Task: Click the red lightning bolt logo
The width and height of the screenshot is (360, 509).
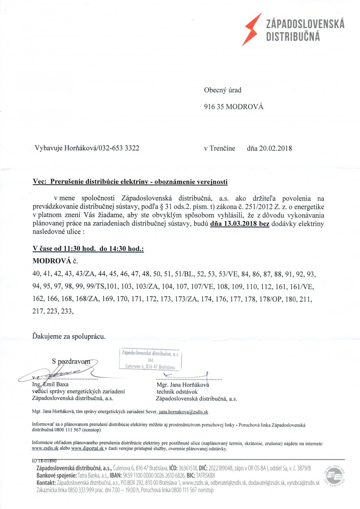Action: (252, 29)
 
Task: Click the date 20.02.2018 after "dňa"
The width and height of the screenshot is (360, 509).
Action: (276, 148)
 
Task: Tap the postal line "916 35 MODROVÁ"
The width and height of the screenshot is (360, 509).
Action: (234, 107)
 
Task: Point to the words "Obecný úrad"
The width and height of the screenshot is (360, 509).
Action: (223, 90)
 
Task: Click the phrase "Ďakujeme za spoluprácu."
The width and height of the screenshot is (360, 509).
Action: (69, 336)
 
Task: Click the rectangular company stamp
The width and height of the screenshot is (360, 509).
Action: (150, 360)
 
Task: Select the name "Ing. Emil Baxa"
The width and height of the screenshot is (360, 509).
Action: (50, 384)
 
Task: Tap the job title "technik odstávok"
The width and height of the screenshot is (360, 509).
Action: (177, 392)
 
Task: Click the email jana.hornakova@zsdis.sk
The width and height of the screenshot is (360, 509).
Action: (183, 412)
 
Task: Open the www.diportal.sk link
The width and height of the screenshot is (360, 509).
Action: (88, 448)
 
